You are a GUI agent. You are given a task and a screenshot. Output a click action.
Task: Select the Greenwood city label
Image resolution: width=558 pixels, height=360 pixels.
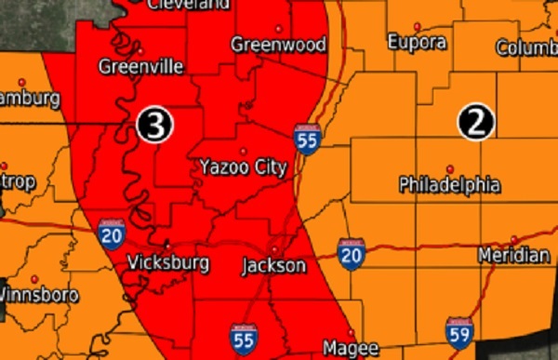point(278,45)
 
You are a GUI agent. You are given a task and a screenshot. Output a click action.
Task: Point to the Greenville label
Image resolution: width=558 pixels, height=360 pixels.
point(141,66)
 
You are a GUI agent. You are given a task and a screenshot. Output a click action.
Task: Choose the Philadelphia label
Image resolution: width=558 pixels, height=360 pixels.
point(449,184)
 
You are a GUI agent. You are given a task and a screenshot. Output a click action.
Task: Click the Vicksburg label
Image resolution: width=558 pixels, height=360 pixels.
point(167,263)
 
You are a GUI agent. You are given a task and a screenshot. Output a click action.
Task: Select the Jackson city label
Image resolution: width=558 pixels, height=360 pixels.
point(273,266)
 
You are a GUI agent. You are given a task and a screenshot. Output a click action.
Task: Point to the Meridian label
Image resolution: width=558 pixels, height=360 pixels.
point(513,255)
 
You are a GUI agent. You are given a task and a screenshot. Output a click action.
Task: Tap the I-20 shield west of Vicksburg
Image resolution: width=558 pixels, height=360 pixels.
point(111,234)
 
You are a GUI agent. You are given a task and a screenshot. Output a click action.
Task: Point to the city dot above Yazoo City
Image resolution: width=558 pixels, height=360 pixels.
point(244,151)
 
